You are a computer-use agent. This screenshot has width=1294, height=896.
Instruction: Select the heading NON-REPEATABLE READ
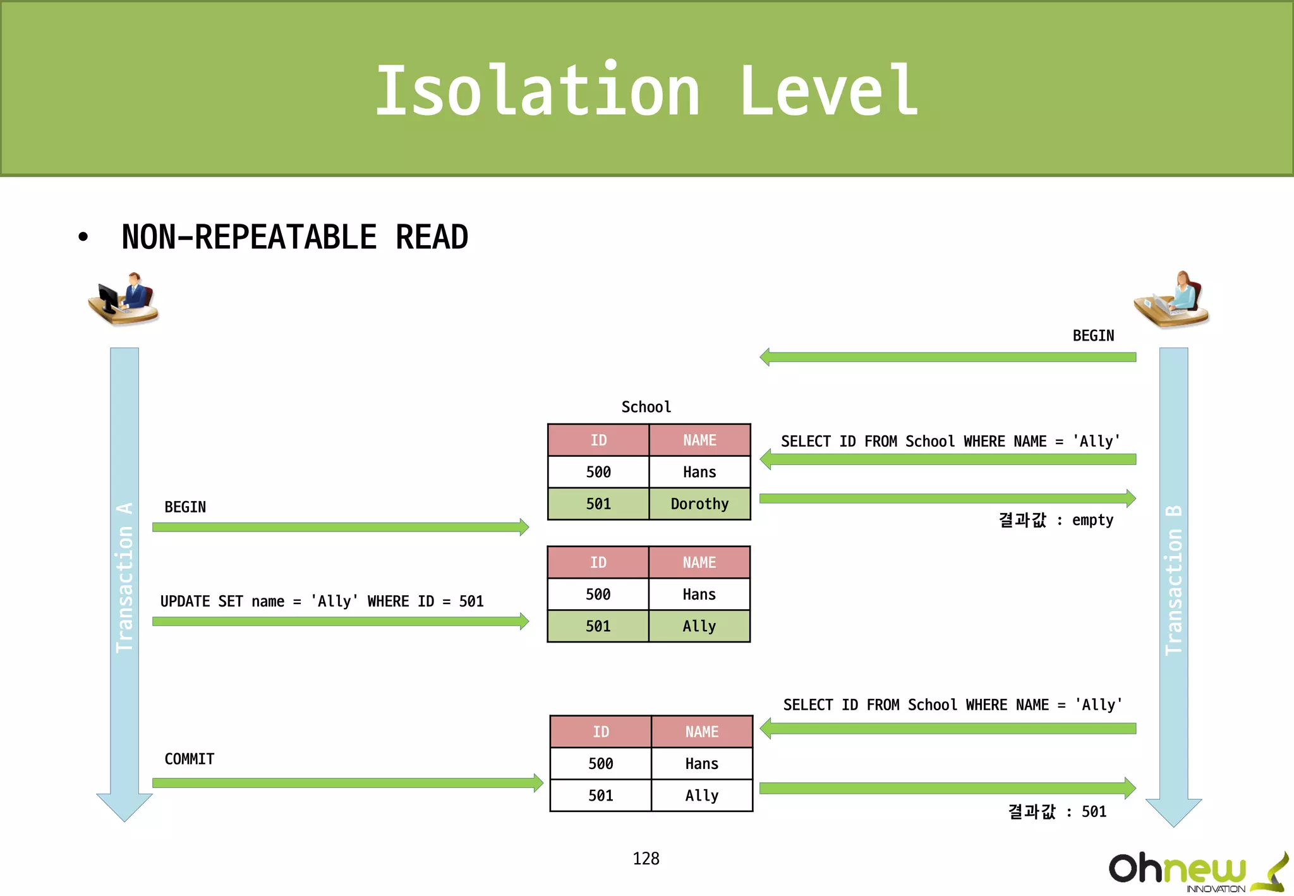click(294, 238)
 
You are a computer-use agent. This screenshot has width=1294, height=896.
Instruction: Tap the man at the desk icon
click(124, 299)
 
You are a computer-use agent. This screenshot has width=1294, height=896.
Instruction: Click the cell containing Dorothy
click(699, 504)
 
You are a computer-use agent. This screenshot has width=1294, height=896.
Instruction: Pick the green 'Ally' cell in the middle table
click(699, 626)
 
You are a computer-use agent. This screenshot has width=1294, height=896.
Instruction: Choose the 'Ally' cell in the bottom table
click(701, 796)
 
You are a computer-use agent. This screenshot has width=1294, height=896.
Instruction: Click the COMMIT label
click(189, 759)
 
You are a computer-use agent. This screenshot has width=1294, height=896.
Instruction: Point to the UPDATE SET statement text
click(322, 602)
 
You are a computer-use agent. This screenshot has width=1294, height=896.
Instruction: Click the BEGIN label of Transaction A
click(185, 507)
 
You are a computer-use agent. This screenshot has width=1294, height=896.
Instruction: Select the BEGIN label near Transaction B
click(1093, 336)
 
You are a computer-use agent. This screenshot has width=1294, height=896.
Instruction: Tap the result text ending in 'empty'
click(1056, 520)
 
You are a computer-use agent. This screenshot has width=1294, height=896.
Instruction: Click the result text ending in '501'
click(1057, 811)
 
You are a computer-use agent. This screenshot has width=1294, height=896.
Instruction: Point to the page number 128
click(646, 859)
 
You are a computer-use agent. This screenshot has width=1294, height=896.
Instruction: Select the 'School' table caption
click(646, 407)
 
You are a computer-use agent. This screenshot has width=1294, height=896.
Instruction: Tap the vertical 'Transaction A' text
click(124, 578)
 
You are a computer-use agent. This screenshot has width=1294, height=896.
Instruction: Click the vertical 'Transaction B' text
click(1173, 580)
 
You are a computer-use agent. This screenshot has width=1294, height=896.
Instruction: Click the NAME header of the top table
click(699, 440)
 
